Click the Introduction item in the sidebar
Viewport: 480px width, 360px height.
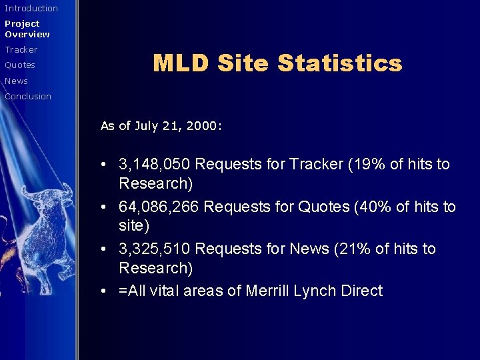coord(31,9)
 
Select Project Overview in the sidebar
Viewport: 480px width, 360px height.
coord(27,29)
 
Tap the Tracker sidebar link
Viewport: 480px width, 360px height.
coord(21,50)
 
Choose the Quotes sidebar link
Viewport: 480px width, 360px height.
coord(20,65)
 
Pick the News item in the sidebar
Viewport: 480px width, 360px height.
coord(17,81)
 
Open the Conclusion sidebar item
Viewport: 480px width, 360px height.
coord(28,97)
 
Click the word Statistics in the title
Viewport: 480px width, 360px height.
coord(339,63)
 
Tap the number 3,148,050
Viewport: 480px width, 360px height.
coord(155,164)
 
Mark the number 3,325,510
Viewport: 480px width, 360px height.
coord(155,249)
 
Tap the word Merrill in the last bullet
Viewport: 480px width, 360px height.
coord(269,291)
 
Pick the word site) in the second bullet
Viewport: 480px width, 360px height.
coord(134,226)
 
